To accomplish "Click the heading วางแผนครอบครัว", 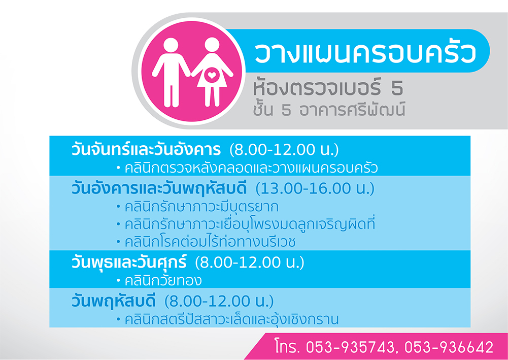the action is point(366,53).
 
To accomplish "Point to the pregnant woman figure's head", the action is point(212,45).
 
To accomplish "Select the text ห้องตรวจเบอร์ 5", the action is point(328,88).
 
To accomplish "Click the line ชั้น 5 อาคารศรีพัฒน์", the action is point(329,110).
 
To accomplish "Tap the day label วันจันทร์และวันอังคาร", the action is point(146,150).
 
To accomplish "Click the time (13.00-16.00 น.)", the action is point(315,189).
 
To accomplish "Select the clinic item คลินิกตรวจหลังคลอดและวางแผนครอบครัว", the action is point(251,169).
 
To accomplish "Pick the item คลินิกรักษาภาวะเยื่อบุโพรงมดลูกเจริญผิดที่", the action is point(250,224).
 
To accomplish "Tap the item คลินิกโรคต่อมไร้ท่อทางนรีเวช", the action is point(210,242).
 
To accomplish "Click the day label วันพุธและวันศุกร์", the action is point(129,263).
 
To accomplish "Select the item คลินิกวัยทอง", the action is point(163,281).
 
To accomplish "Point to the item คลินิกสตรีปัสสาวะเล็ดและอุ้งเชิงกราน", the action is point(231,319).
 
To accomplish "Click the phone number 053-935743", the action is point(352,347).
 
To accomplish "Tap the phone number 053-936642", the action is point(449,347).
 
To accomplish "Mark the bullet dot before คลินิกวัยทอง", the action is point(119,281).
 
